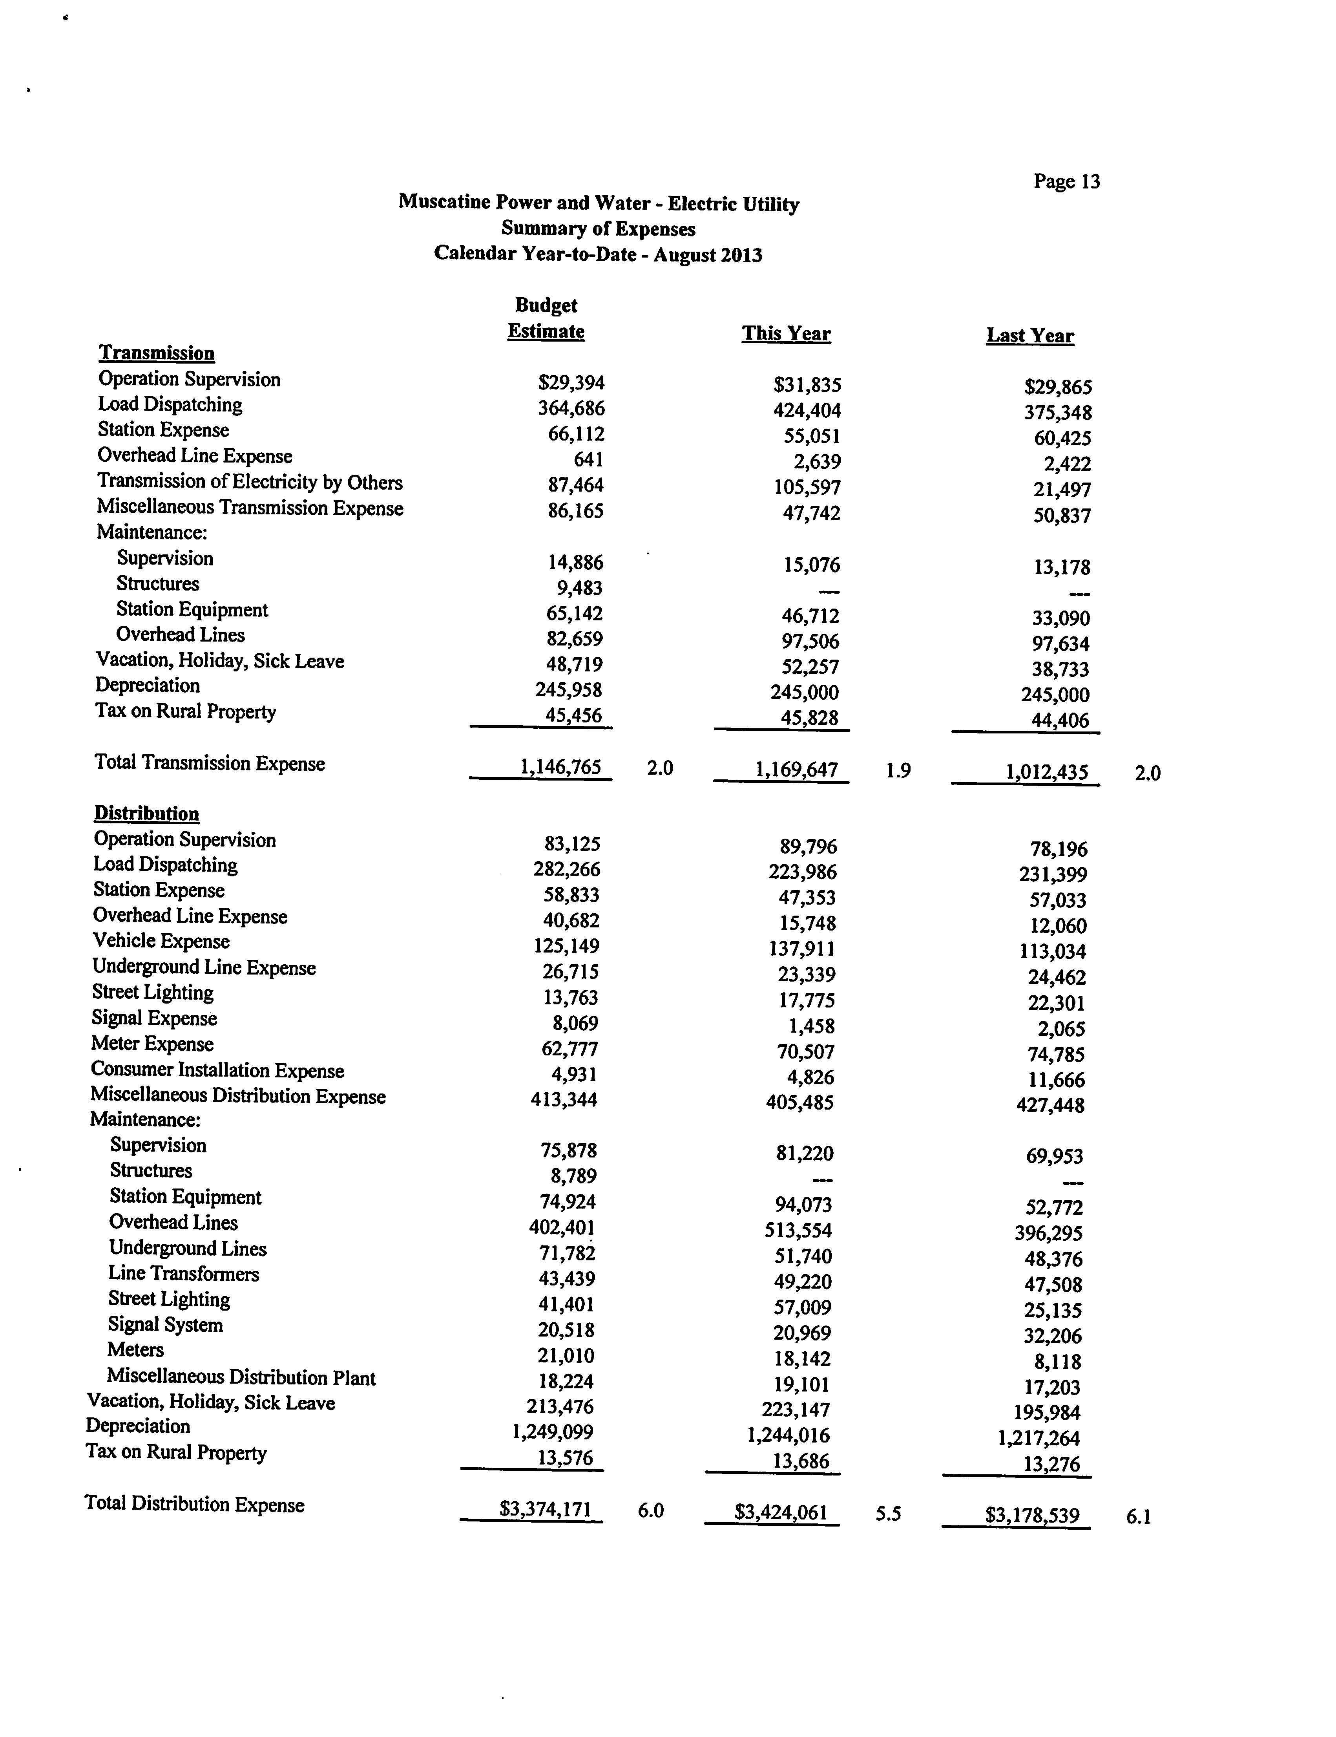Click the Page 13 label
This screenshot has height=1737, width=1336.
pos(1066,181)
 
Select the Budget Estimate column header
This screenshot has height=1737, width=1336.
pos(546,318)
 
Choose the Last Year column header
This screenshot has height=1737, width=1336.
pos(1030,336)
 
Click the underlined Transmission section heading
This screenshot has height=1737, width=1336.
pos(157,353)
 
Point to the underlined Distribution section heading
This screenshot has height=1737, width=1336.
pos(146,814)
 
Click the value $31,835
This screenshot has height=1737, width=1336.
pos(807,386)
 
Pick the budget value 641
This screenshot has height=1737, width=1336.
pos(588,460)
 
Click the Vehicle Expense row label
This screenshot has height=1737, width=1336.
pos(161,941)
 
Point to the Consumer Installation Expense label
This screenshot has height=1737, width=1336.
pos(217,1071)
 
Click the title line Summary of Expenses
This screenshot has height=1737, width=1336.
pos(598,229)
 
